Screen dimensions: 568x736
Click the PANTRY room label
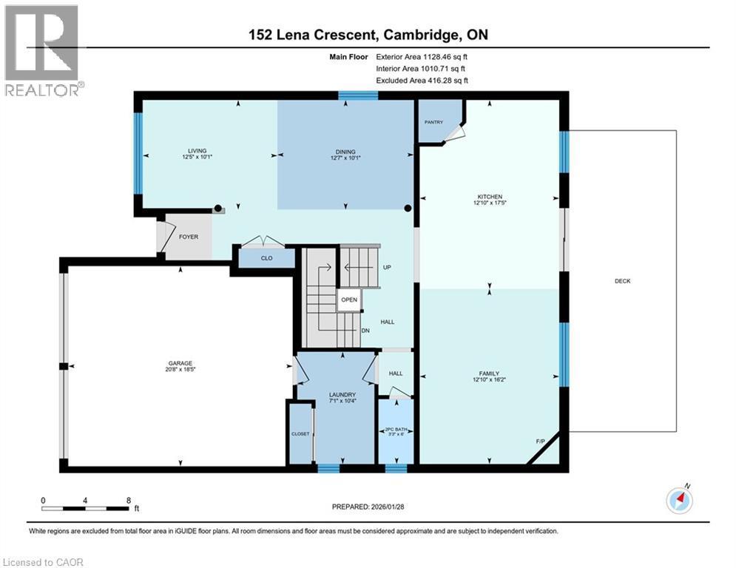click(x=433, y=122)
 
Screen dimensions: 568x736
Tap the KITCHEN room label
click(x=489, y=197)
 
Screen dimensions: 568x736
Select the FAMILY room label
click(x=489, y=373)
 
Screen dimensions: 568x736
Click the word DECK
click(x=622, y=281)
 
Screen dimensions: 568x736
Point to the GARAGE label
click(x=180, y=362)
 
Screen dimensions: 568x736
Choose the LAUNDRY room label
click(x=342, y=394)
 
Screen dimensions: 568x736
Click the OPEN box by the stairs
click(x=349, y=300)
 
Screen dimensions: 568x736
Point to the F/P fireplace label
click(x=541, y=442)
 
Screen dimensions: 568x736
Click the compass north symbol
click(x=679, y=500)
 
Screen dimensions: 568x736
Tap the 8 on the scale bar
click(x=129, y=500)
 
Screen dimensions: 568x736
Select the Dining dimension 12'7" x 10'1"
click(x=345, y=156)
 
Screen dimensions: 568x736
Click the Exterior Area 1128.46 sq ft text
click(x=422, y=55)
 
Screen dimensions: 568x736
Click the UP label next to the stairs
click(x=387, y=267)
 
